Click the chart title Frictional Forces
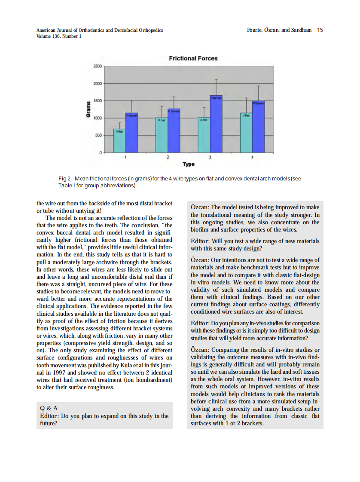coord(193,58)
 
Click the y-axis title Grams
coord(88,110)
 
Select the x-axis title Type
coord(188,164)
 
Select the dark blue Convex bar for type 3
coord(216,124)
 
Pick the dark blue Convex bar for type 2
coord(174,131)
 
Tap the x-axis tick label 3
coord(210,157)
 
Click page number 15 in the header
coord(320,30)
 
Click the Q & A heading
coord(49,408)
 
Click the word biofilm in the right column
coord(200,229)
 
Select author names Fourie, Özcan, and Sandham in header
coord(279,30)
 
